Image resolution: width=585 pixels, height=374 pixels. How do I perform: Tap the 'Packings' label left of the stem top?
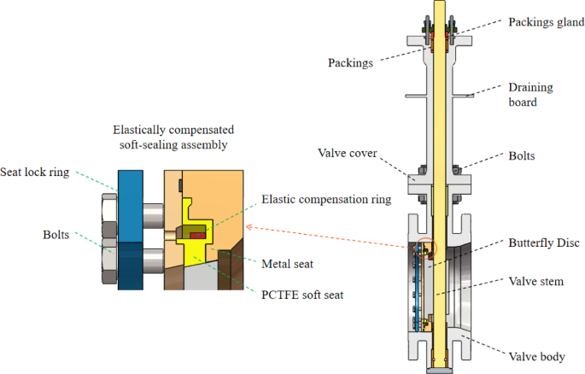(x=351, y=63)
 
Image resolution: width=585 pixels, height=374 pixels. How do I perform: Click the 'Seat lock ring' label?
(x=37, y=172)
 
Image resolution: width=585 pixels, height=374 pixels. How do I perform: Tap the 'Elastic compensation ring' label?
(x=327, y=199)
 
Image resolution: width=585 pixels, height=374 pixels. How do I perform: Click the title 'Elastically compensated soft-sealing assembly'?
(x=173, y=137)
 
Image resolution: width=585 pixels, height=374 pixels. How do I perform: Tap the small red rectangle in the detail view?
(x=197, y=233)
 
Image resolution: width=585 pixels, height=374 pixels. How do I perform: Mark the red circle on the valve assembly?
(x=426, y=248)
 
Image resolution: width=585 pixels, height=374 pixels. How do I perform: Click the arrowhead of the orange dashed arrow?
(x=249, y=227)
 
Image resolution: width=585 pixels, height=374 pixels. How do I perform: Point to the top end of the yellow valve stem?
(x=439, y=4)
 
